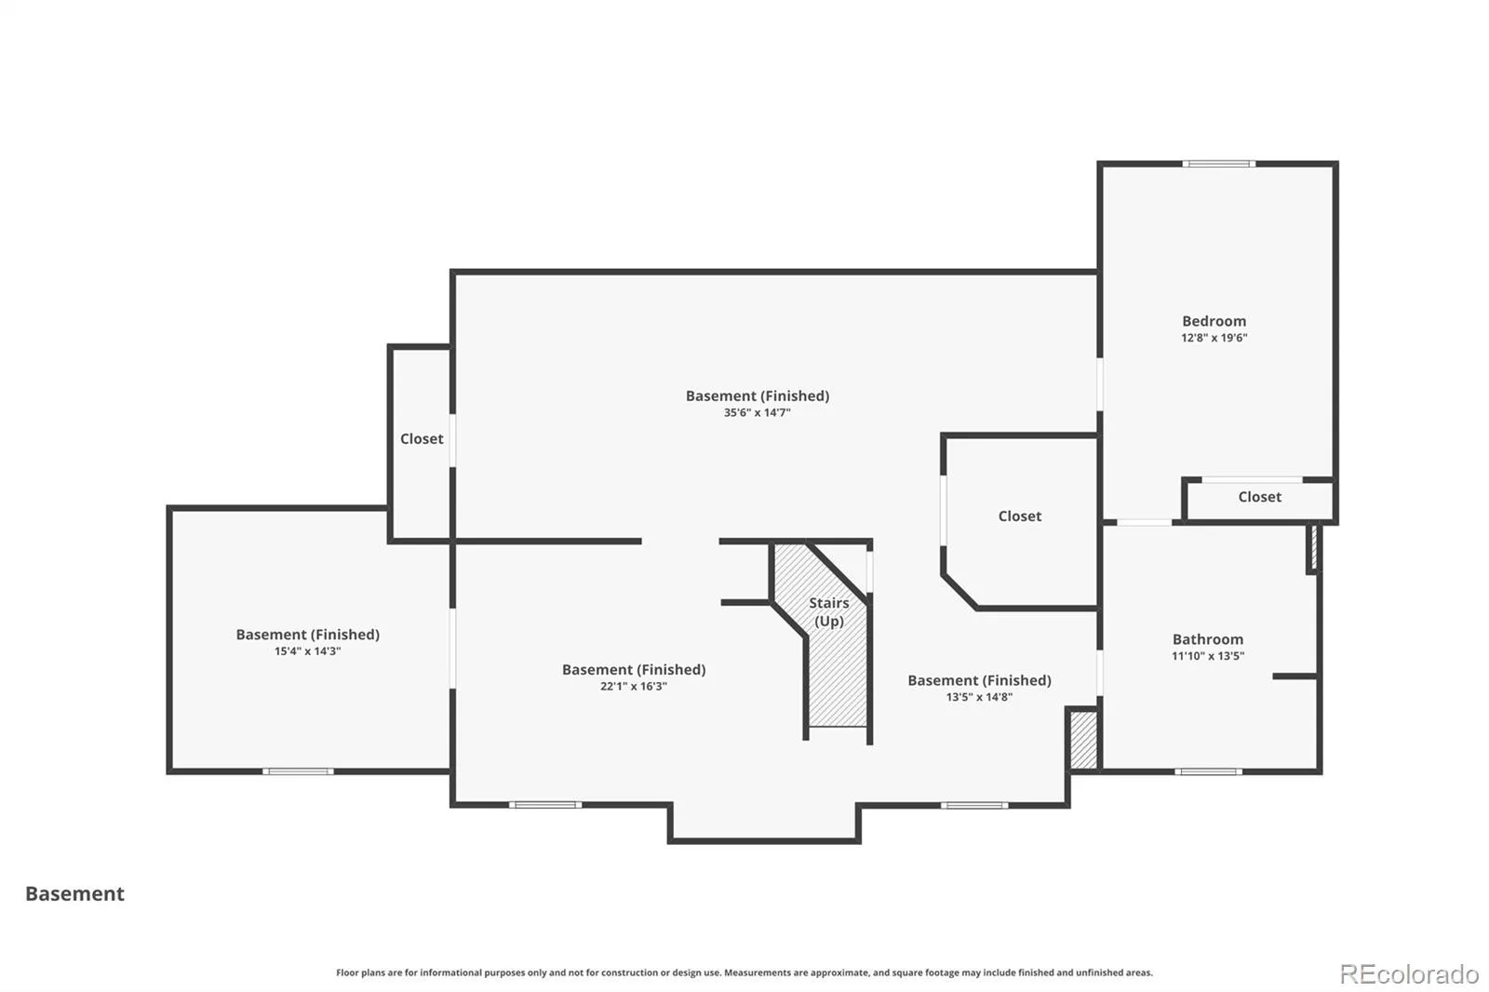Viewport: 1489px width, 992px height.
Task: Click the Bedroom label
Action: pos(1214,321)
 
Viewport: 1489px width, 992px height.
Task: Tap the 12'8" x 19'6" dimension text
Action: pos(1214,338)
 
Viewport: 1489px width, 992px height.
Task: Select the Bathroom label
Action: pos(1208,639)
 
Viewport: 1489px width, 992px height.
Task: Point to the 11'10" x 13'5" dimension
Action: pos(1208,656)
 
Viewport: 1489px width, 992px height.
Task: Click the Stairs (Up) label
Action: pos(829,611)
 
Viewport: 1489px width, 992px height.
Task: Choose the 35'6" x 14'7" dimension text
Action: pos(758,413)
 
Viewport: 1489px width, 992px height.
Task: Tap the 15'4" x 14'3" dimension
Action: pos(308,651)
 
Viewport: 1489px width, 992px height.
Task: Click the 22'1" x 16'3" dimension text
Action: pos(634,687)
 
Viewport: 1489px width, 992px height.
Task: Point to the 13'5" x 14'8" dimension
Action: pos(979,697)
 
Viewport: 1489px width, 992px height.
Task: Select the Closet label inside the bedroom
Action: pos(1260,497)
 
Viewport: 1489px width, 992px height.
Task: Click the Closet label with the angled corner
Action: pos(1020,516)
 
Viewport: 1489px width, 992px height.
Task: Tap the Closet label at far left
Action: pos(422,439)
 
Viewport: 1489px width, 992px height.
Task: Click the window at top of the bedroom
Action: pos(1218,164)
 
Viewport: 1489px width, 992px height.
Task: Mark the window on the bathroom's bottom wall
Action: pos(1208,772)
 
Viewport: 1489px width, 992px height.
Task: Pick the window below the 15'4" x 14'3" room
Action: pos(298,772)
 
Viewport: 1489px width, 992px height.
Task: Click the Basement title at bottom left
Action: pos(74,893)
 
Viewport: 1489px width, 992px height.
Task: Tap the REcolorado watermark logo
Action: pos(1409,974)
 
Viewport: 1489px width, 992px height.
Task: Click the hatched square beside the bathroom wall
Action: pos(1083,740)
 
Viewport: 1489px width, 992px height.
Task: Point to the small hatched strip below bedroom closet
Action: pos(1313,548)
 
